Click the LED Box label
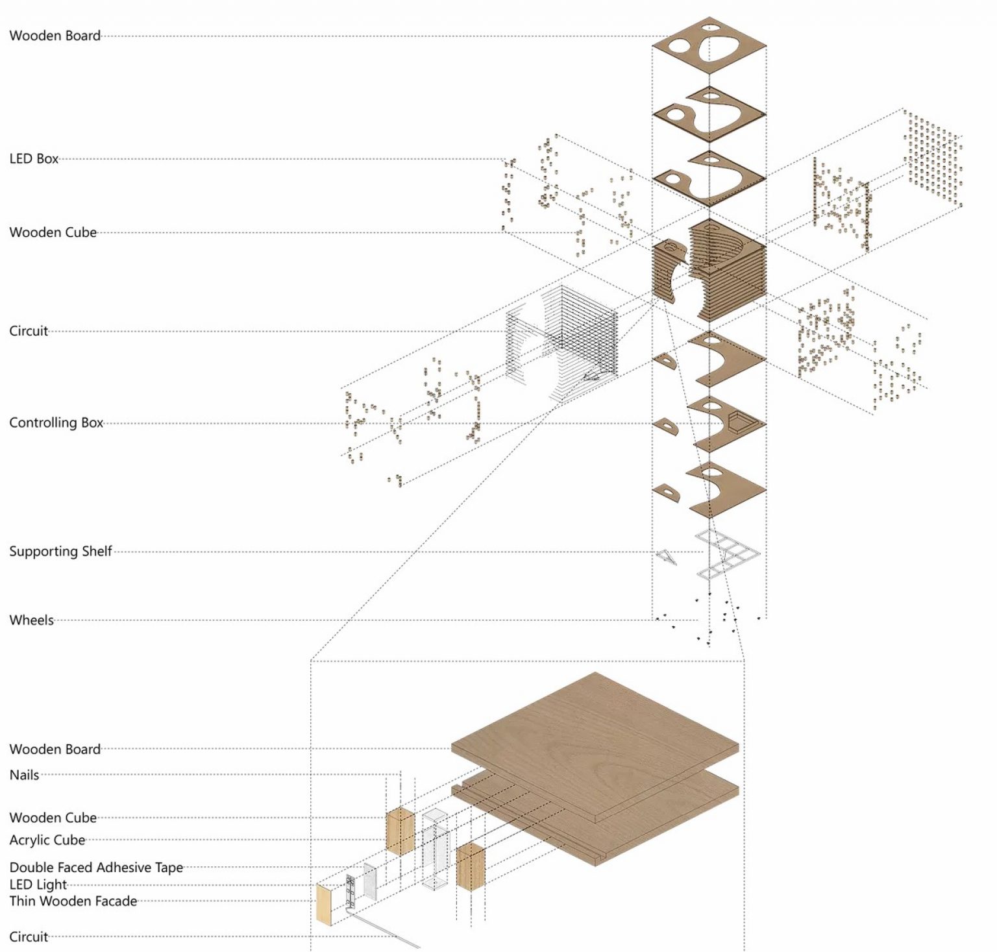[34, 159]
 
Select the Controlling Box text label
[56, 423]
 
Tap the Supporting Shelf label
[60, 552]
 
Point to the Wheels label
[31, 620]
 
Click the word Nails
[24, 775]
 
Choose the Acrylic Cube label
[47, 840]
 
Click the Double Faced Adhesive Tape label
[96, 868]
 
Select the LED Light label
[38, 885]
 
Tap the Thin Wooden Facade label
[73, 901]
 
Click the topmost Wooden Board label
[55, 36]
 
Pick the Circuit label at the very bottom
[29, 937]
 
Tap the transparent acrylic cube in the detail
[434, 850]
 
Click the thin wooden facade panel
[323, 903]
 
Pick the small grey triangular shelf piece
[666, 557]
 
